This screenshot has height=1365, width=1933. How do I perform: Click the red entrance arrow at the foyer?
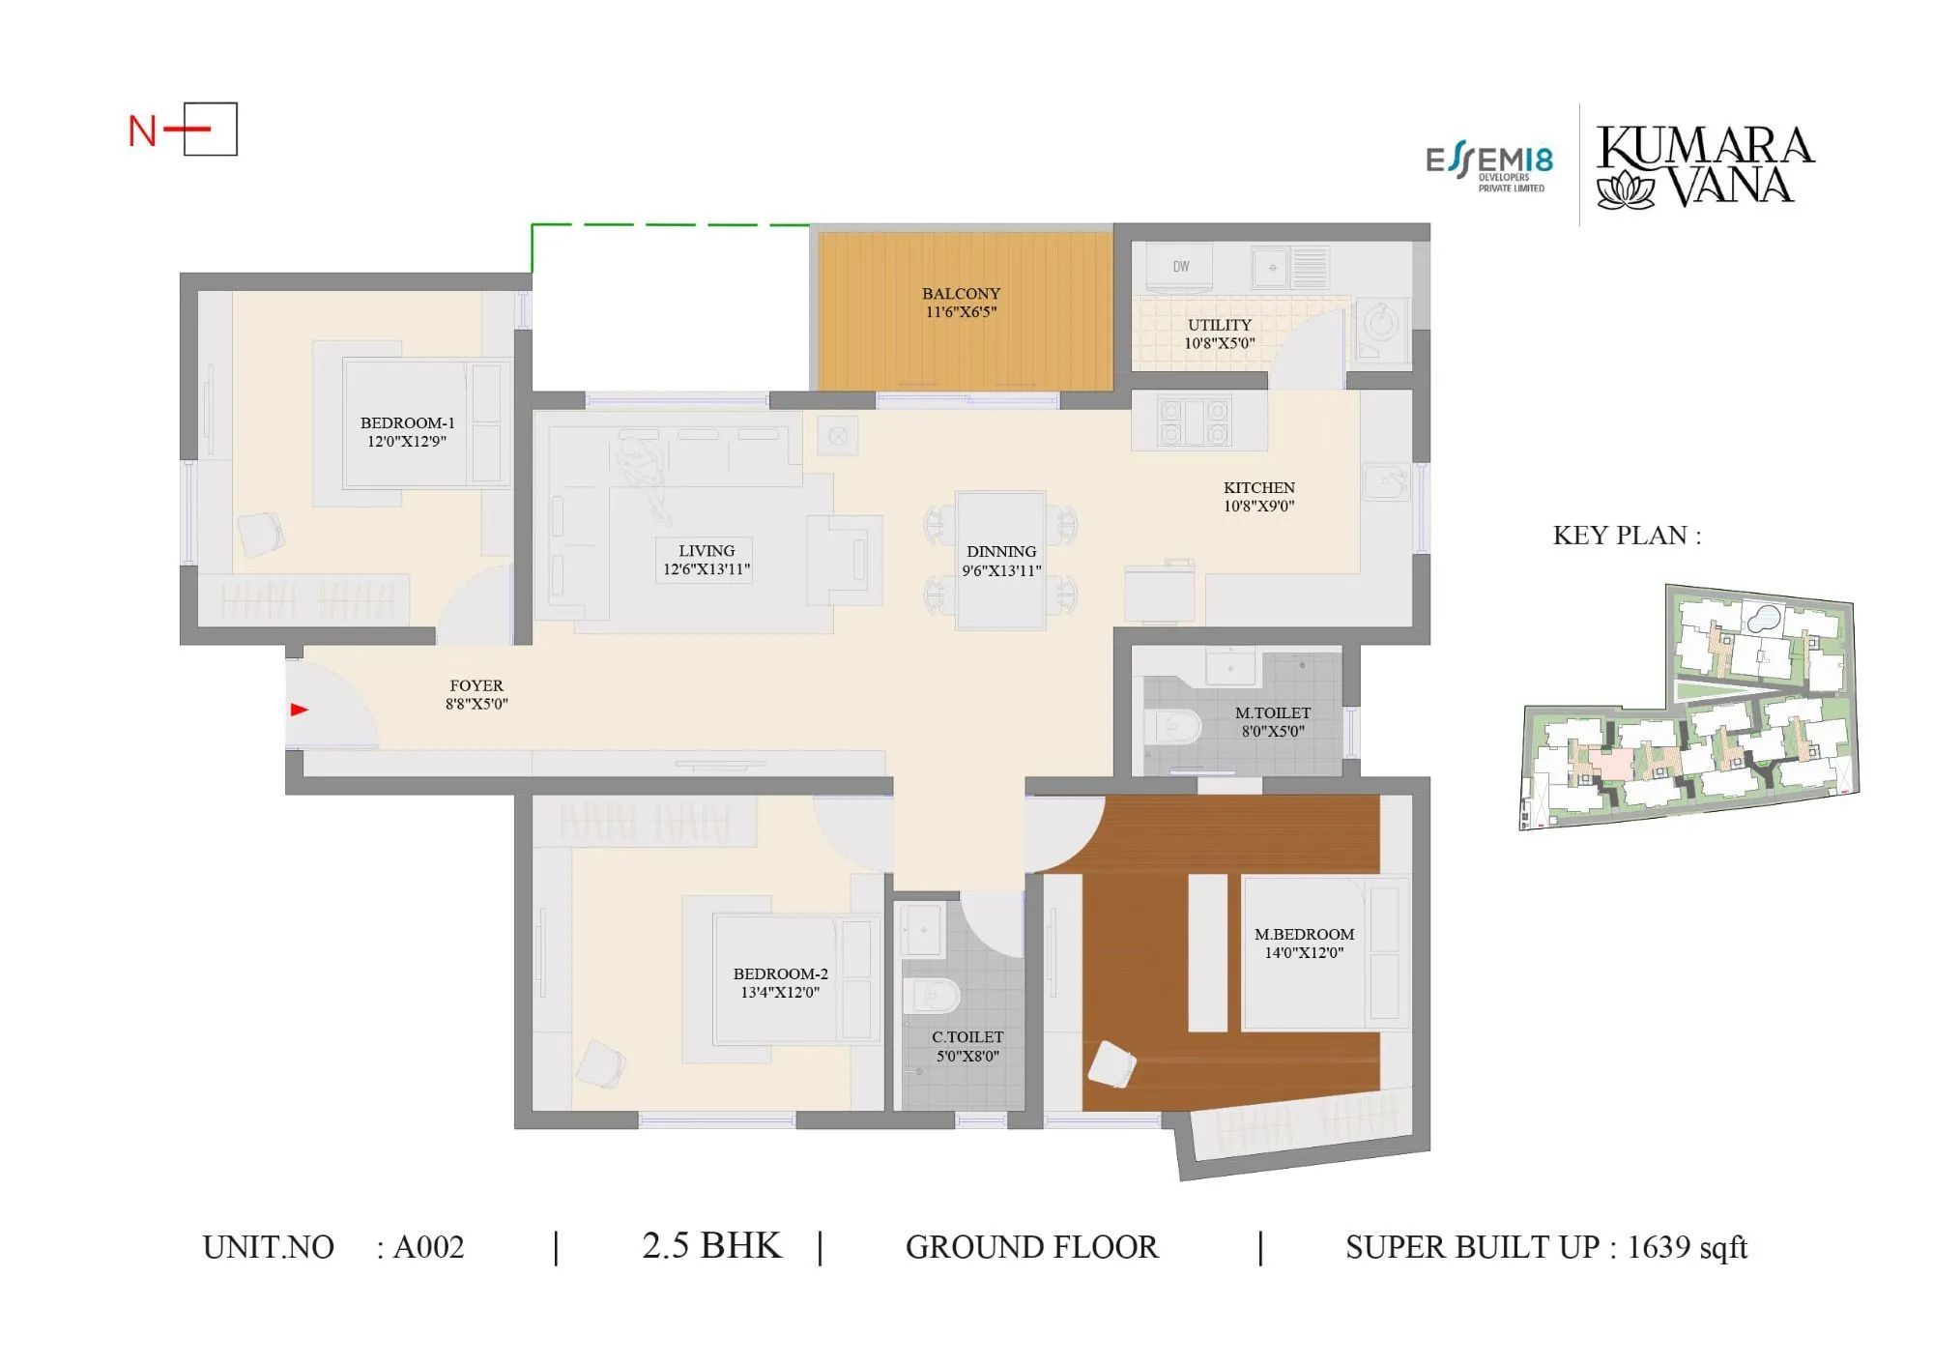299,710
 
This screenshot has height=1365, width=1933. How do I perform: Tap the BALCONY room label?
961,302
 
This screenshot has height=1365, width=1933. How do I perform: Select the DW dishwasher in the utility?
1180,268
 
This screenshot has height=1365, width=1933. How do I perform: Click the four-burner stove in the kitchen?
1195,422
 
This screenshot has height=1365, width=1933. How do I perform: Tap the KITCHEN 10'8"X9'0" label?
1258,496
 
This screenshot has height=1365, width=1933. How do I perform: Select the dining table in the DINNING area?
1000,561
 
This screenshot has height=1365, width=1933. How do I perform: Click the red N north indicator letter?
142,131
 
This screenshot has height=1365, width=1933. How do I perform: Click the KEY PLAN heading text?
1627,536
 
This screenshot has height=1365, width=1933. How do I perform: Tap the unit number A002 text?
428,1247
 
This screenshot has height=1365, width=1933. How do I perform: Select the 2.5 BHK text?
711,1245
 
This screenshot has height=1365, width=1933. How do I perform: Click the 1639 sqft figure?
1687,1247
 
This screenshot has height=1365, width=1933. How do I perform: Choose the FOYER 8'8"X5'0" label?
476,694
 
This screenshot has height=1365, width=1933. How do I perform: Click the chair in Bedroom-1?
261,534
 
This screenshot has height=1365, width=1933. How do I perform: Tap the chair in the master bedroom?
1111,1065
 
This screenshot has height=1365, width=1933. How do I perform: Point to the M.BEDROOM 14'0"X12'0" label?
1304,943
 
